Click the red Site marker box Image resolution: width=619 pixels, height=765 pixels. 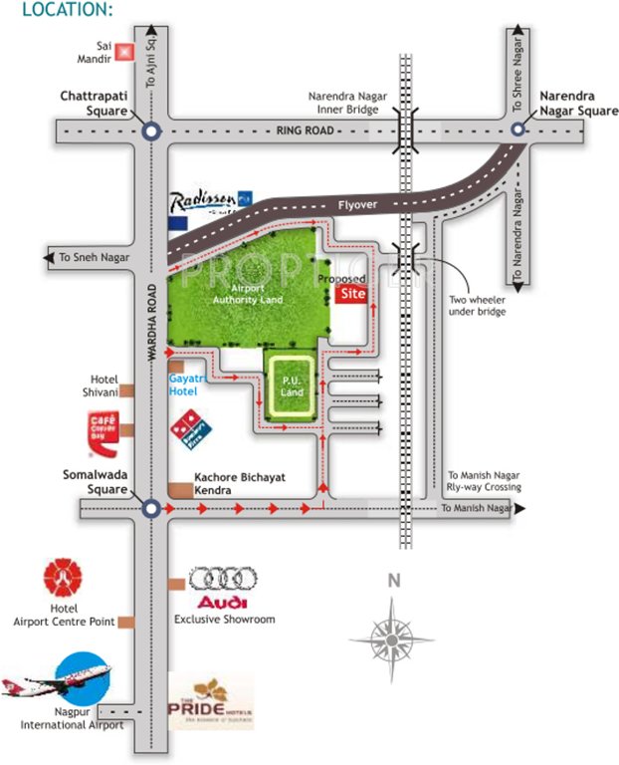click(x=350, y=295)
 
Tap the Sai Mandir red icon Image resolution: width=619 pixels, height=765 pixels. click(x=125, y=53)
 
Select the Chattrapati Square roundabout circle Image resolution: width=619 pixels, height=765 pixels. click(x=151, y=129)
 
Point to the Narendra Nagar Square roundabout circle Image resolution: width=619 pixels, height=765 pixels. click(x=518, y=129)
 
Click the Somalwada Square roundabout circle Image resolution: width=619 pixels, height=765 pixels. click(x=150, y=509)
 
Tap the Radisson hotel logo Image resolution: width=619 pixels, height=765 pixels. click(x=210, y=201)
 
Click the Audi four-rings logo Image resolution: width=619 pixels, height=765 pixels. click(x=223, y=579)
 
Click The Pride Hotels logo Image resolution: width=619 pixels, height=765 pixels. click(x=210, y=702)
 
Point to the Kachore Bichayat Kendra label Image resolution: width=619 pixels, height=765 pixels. click(x=240, y=484)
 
